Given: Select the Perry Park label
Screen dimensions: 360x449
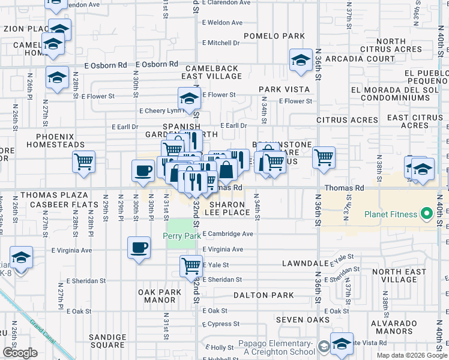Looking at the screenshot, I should click(x=182, y=236).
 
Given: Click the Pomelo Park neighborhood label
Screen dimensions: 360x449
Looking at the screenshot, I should click(x=274, y=36).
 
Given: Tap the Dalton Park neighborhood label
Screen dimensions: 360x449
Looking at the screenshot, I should click(x=264, y=295).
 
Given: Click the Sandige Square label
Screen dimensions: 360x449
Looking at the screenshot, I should click(x=107, y=341).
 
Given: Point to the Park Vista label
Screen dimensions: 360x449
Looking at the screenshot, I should click(x=284, y=89).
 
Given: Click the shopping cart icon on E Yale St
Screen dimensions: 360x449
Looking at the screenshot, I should click(x=191, y=265).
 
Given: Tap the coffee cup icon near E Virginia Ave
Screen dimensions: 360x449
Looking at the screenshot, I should click(x=139, y=247).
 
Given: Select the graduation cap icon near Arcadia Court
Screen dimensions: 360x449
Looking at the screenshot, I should click(x=301, y=59).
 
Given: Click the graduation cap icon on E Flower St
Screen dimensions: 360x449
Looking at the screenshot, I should click(x=189, y=98).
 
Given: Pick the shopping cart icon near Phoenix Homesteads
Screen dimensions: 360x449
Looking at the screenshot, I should click(x=83, y=160).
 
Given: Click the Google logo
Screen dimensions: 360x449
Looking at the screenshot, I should click(x=20, y=353).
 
